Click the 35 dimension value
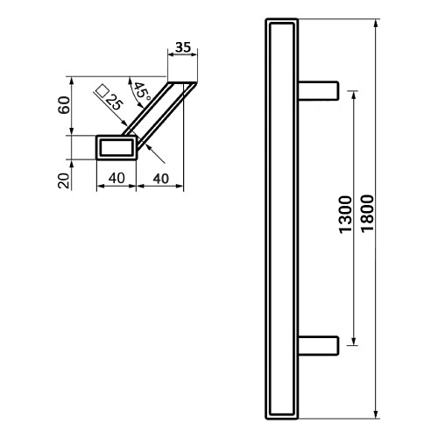tap(183, 47)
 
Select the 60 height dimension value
tap(64, 105)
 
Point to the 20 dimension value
tap(64, 180)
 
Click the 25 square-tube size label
tap(114, 102)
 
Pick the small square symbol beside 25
tap(102, 91)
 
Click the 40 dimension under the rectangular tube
tap(117, 178)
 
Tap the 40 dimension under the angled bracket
tap(160, 179)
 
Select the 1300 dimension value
tap(346, 215)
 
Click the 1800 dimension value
tap(367, 214)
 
